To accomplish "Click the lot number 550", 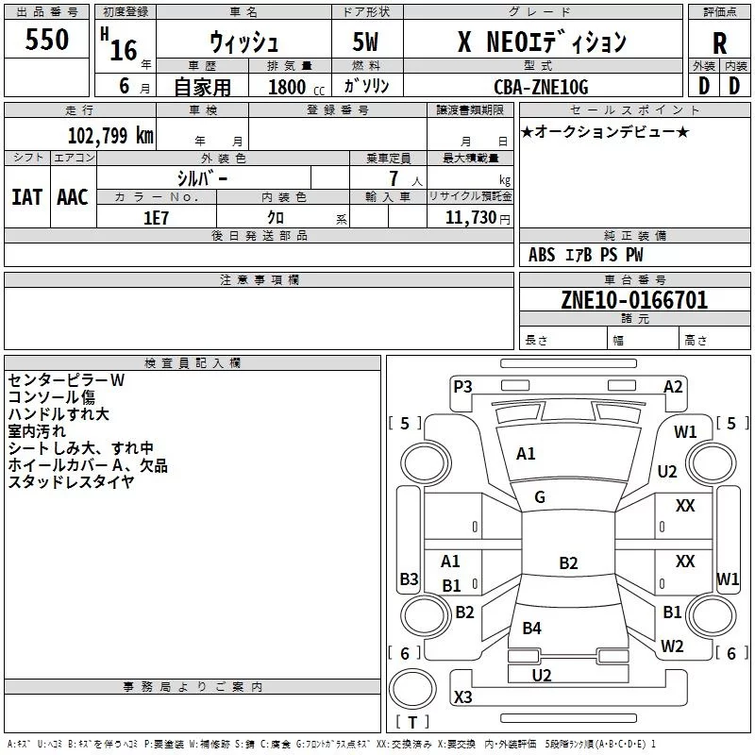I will coord(47,40).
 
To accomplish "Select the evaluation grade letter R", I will coord(719,43).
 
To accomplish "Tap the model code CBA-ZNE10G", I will coord(541,87).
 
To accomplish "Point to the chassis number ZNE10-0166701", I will coord(634,300).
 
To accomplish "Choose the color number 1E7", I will coord(156,216).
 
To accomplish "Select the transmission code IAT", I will coord(26,197).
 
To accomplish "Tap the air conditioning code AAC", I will coord(72,197).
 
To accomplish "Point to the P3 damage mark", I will coord(462,386).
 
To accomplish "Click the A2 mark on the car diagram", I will coord(673,386).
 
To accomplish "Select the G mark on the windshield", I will coord(540,497).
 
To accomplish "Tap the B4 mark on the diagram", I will coord(532,629).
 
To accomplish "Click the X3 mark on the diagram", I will coord(462,697).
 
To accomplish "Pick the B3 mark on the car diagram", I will coord(409,579).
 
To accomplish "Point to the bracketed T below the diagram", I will coord(411,722).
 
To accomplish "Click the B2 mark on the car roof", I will coord(568,563).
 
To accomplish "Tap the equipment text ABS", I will coord(542,255).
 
